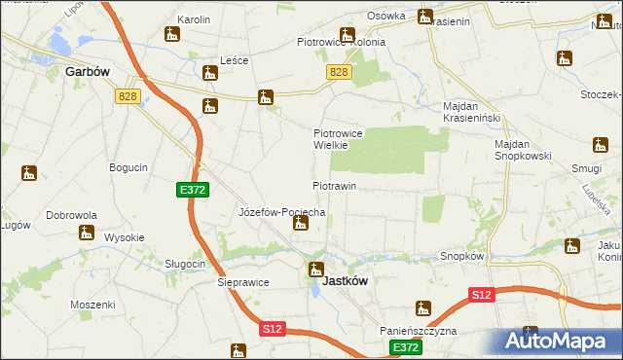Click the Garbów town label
tap(85, 71)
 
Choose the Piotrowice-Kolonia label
tap(341, 42)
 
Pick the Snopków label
tap(462, 256)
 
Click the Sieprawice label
tap(241, 283)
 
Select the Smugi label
tap(586, 167)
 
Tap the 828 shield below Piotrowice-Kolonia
tap(338, 73)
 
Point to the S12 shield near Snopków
tap(480, 294)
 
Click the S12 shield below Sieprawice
tap(272, 330)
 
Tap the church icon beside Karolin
tap(172, 35)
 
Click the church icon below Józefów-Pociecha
tap(301, 225)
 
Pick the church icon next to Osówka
tap(425, 16)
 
